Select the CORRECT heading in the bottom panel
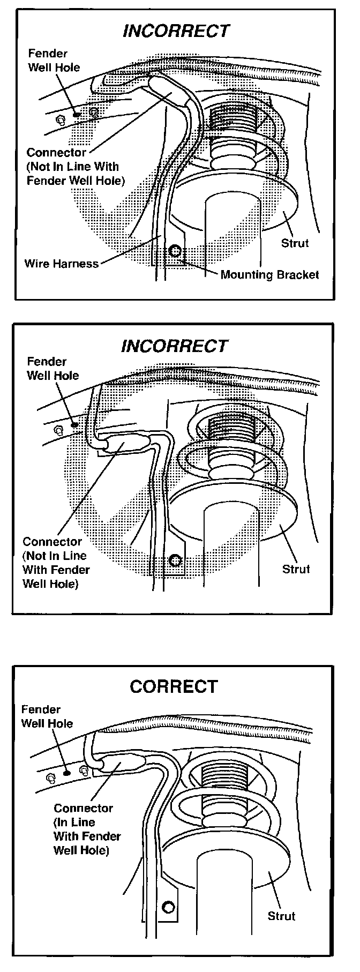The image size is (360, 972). point(174,686)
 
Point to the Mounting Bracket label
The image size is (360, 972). point(269,275)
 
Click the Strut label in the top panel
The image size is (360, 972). point(295,243)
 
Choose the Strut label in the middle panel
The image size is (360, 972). point(296,569)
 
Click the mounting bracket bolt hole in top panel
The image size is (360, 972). point(175,251)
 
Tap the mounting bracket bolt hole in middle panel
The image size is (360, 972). point(174,561)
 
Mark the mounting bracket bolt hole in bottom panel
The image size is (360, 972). point(169,907)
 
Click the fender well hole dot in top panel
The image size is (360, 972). point(77,114)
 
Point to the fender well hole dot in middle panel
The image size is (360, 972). point(74,425)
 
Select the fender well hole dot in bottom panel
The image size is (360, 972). point(66,773)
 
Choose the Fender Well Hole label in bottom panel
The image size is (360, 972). point(47,716)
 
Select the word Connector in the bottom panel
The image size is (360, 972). point(83,808)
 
